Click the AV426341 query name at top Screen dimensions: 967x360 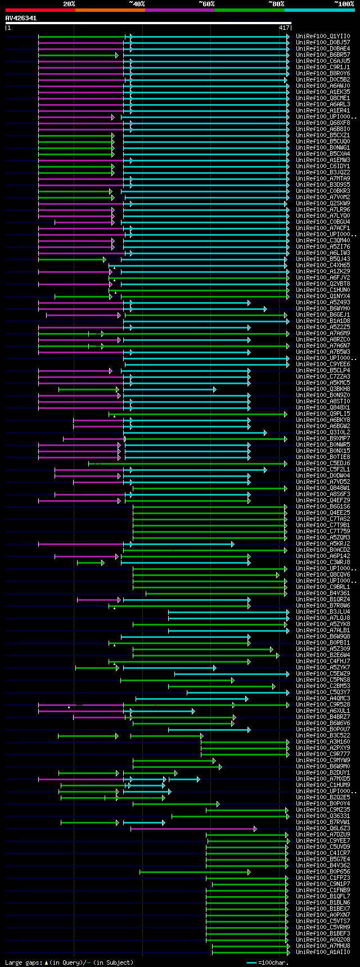pyautogui.click(x=21, y=18)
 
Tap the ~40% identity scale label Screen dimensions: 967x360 pyautogui.click(x=137, y=4)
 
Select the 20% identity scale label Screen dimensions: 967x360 pyautogui.click(x=69, y=4)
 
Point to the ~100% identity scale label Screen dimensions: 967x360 pyautogui.click(x=344, y=4)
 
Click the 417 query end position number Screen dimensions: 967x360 pyautogui.click(x=283, y=28)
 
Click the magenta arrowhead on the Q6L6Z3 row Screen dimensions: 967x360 pyautogui.click(x=255, y=828)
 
